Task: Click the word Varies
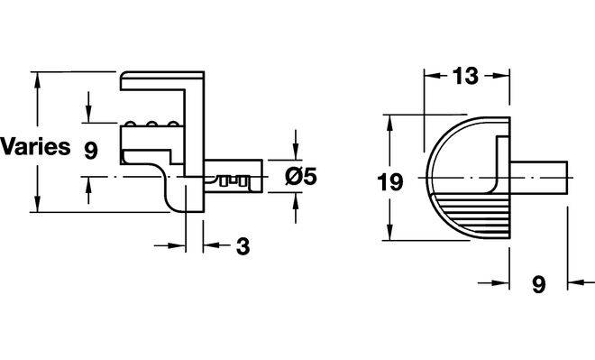pos(35,146)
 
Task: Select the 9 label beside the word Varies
pos(91,151)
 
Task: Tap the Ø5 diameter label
pos(301,177)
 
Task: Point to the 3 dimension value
pos(243,246)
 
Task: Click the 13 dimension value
pos(465,76)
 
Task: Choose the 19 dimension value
pos(390,182)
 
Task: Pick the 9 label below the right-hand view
pos(538,284)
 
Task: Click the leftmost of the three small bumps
pos(130,124)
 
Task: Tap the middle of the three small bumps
pos(152,124)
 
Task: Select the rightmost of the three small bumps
pos(173,124)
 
